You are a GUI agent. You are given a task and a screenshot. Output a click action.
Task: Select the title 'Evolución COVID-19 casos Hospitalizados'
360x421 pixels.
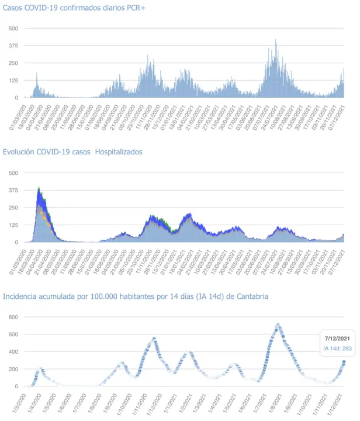coord(72,152)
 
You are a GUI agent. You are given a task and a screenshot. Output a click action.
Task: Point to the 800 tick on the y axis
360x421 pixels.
coord(13,317)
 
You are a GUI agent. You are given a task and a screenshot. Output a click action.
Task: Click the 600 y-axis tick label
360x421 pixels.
coord(13,334)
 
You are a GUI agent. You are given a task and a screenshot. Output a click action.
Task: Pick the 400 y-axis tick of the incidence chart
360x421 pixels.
coord(13,352)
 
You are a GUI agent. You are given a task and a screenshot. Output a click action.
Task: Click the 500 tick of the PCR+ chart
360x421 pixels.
coord(13,29)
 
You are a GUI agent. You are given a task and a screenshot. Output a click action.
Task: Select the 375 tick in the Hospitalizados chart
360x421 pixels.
coord(13,190)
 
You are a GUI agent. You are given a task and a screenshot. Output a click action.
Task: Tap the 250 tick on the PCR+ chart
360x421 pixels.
coord(13,63)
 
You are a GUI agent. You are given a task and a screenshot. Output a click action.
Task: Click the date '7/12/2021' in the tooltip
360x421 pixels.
coord(336,338)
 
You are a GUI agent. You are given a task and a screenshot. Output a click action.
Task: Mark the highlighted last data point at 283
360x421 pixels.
coord(344,362)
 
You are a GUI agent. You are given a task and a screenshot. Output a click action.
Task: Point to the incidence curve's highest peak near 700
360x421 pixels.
coord(278,325)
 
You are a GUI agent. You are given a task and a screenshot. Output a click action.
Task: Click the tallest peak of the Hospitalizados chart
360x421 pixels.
coord(39,188)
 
